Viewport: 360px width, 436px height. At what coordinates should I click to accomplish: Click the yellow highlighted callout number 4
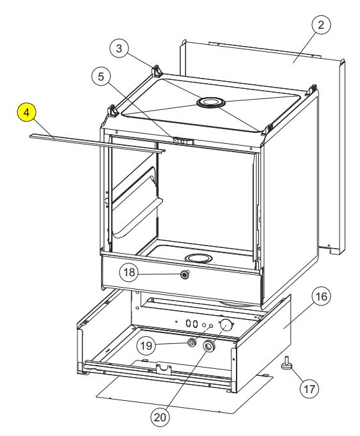26,113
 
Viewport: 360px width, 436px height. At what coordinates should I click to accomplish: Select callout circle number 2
321,25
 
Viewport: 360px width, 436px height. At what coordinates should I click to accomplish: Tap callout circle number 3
119,49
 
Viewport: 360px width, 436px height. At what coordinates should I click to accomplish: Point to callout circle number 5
101,77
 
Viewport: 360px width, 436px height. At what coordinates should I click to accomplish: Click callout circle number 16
322,297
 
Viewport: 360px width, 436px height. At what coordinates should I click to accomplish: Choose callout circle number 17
309,389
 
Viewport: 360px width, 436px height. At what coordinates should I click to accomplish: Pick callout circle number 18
129,272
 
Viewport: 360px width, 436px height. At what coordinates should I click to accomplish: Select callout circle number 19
146,346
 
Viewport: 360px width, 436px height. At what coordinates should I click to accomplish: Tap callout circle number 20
160,417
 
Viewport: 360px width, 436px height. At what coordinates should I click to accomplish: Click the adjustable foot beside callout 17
286,362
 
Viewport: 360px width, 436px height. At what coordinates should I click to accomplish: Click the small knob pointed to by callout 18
185,275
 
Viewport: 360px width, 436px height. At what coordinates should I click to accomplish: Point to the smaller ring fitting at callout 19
192,343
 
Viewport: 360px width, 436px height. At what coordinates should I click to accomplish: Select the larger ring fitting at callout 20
208,346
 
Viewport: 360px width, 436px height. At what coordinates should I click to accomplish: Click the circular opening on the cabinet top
211,102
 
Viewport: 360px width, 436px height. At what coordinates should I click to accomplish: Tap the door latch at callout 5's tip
184,141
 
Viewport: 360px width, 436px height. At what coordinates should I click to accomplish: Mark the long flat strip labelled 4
97,143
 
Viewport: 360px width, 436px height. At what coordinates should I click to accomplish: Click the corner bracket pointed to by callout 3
157,71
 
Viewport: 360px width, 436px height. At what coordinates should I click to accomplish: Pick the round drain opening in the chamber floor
199,258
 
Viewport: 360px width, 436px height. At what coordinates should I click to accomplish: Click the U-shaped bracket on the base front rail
164,370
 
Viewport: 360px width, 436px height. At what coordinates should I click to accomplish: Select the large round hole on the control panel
226,325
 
